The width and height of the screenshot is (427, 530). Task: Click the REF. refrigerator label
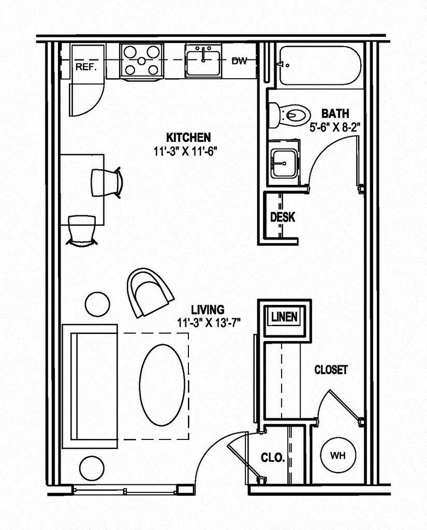[86, 67]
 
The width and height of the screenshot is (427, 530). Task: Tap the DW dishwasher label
[239, 61]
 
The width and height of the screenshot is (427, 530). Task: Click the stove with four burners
[141, 62]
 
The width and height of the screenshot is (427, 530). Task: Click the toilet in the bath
[288, 114]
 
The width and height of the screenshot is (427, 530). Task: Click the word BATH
[335, 113]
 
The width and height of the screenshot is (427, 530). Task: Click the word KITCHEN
[188, 138]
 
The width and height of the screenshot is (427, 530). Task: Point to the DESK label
[283, 217]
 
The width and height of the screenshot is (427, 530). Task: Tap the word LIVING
[208, 310]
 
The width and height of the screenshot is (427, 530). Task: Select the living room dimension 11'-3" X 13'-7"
[208, 321]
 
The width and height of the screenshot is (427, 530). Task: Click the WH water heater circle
[338, 456]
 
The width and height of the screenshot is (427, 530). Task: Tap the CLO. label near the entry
[272, 458]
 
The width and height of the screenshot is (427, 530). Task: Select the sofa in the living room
[90, 386]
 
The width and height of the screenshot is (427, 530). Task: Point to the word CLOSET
[331, 370]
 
